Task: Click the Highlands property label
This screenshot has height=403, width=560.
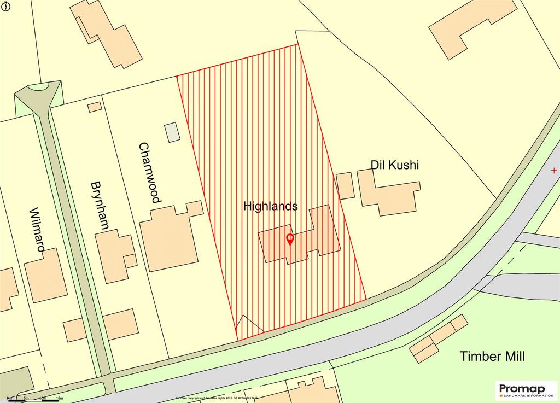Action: (x=270, y=206)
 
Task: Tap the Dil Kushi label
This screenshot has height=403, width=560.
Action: (x=394, y=165)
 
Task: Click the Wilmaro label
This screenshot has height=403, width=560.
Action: (x=36, y=229)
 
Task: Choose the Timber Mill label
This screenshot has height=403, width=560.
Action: (x=492, y=357)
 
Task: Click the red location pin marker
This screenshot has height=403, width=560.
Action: (x=290, y=239)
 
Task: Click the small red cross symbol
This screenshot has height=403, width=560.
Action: (x=554, y=171)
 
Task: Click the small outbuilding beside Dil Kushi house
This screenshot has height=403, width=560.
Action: (x=345, y=185)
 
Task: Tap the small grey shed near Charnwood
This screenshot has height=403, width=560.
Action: (x=172, y=132)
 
